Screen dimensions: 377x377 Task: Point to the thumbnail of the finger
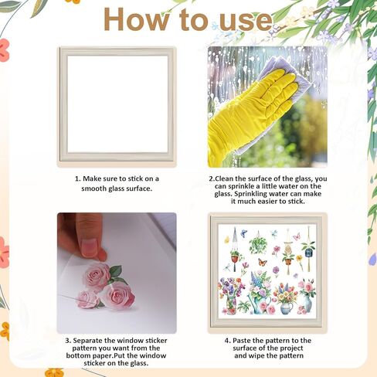[x=92, y=248]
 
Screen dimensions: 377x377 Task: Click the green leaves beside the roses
[x=115, y=272]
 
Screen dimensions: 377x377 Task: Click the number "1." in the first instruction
[x=78, y=178]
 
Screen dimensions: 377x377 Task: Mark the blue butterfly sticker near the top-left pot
[x=243, y=233]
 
